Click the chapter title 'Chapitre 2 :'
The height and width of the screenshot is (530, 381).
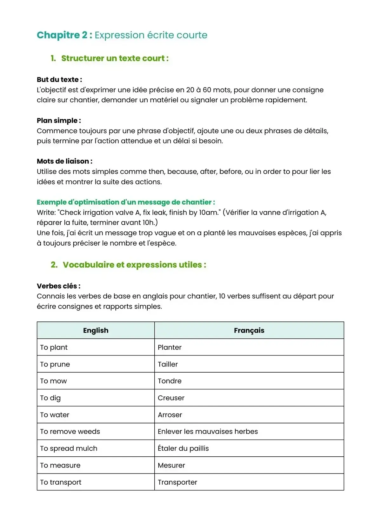64,35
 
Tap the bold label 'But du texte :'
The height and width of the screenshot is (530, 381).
59,80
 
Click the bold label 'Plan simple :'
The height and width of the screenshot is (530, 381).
59,121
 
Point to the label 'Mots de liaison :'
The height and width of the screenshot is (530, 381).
64,161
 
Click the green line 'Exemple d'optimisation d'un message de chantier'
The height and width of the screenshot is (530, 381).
126,202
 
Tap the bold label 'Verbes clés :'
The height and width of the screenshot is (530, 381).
58,286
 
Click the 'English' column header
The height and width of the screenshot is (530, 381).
96,330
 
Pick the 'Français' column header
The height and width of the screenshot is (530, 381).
249,330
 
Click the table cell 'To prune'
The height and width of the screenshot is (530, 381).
55,364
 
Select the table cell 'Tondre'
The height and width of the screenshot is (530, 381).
170,381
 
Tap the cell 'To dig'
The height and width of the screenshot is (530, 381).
50,398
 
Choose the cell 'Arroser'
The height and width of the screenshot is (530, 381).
170,415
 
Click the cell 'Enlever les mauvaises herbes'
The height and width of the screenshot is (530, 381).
208,432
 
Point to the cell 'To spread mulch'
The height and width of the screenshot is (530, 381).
69,448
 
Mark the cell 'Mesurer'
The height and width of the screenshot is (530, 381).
171,465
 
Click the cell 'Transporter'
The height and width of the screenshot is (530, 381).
177,482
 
